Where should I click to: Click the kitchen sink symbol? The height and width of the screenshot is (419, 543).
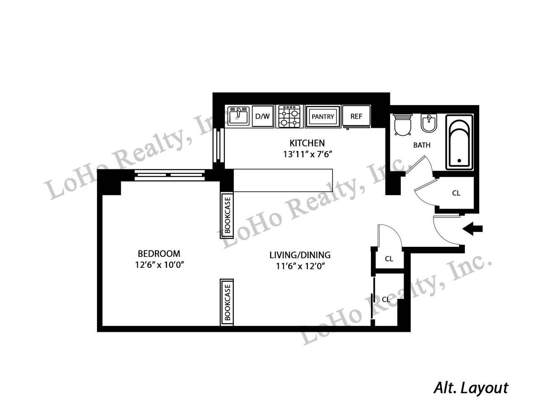(238, 116)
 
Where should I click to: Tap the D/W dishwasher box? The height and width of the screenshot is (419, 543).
(263, 116)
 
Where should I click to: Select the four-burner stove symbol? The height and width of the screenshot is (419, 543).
(289, 116)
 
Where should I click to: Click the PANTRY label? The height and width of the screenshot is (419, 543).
(323, 116)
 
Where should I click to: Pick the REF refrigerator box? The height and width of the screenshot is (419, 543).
(356, 116)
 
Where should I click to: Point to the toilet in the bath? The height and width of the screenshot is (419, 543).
(402, 124)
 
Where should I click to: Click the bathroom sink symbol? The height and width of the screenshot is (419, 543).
(429, 123)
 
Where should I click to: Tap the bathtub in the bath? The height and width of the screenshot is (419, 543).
(459, 142)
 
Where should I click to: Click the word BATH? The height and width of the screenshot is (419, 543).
(422, 145)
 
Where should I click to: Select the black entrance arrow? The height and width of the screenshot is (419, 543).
(472, 229)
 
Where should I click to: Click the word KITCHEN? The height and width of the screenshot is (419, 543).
(307, 143)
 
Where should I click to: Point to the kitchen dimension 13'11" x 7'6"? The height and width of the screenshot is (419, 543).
(307, 155)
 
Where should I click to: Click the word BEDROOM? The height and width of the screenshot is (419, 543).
(159, 253)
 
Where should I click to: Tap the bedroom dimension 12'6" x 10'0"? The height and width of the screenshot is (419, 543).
(159, 265)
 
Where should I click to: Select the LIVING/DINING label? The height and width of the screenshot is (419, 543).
(300, 255)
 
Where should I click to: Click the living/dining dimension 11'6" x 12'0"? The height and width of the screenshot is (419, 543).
(300, 266)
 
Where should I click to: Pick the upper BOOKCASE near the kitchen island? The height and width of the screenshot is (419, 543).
(227, 215)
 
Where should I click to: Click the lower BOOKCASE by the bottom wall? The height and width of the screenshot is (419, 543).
(227, 302)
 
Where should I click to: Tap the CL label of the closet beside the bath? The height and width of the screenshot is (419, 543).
(456, 193)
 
